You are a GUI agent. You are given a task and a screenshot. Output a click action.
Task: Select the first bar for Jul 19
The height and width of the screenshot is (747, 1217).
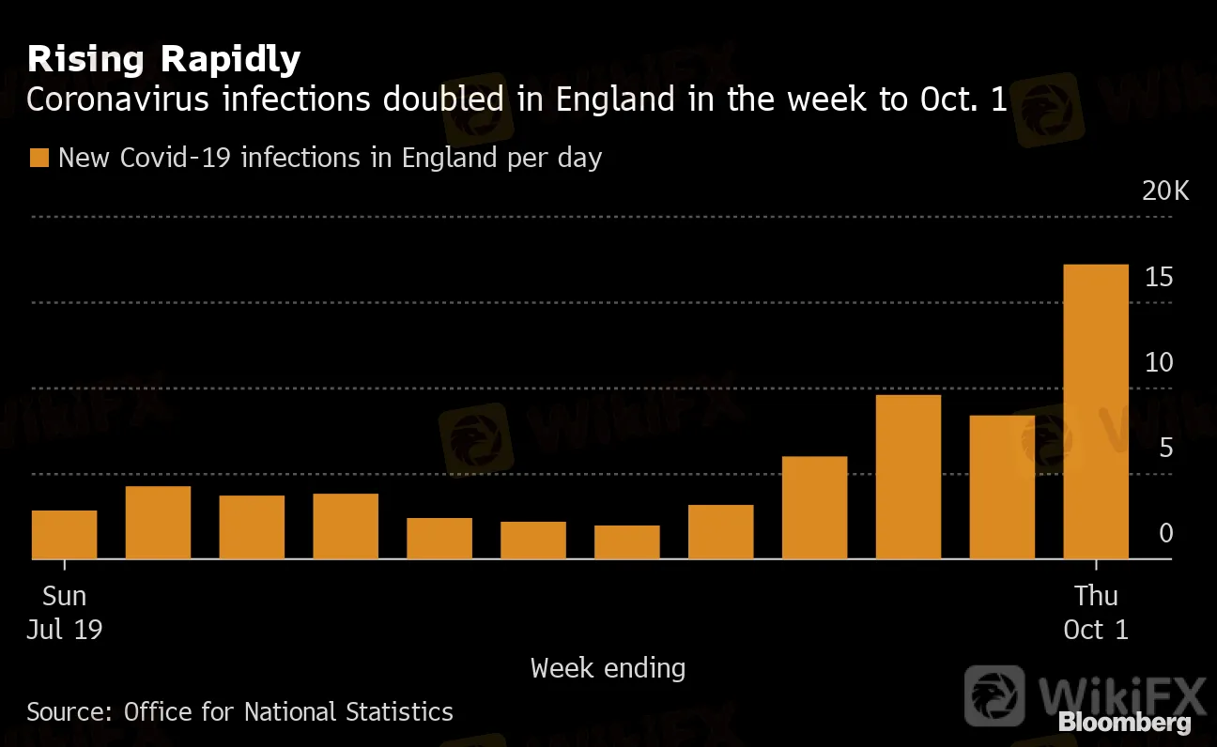point(65,534)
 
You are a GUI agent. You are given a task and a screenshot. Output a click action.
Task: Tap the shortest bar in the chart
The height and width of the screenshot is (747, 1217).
point(627,541)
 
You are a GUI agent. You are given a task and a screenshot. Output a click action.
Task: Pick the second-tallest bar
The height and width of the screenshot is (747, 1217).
point(908,477)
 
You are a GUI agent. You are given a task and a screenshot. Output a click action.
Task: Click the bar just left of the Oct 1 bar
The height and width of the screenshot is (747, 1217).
point(1002,487)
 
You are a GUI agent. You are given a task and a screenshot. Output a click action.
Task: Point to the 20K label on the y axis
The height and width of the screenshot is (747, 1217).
point(1164,191)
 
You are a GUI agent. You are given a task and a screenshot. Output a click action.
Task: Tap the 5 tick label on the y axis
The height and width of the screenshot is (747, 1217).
point(1165,448)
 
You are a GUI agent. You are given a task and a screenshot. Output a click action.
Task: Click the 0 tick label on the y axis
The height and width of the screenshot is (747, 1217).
point(1165,533)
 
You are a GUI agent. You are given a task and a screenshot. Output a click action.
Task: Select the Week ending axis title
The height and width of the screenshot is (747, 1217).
point(608,668)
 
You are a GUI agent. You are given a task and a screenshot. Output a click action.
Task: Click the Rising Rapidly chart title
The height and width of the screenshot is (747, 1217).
point(163,59)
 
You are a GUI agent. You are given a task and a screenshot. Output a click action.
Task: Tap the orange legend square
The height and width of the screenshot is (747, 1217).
point(39,158)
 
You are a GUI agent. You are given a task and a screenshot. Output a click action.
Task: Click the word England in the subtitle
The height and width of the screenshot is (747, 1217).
point(611,100)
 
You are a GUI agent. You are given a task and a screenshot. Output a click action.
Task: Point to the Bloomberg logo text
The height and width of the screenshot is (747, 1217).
point(1125,723)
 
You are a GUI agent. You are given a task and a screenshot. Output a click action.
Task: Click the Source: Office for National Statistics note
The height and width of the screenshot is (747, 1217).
point(239,712)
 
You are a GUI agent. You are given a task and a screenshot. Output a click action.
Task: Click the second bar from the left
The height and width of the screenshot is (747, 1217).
point(159,522)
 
